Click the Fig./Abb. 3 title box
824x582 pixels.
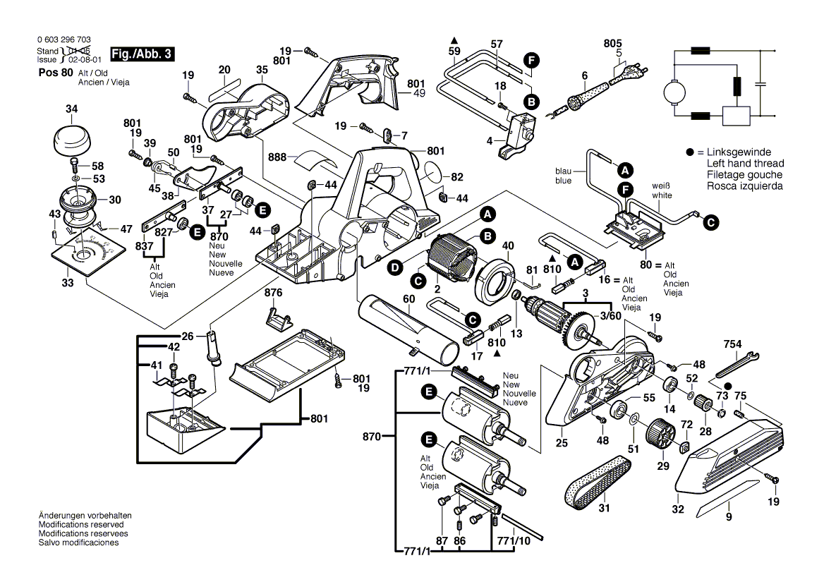(x=141, y=54)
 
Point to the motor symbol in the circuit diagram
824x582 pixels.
(x=674, y=90)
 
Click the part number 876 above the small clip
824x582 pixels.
(x=273, y=292)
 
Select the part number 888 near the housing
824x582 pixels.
(x=277, y=157)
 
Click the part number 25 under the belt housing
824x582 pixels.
(x=562, y=444)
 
